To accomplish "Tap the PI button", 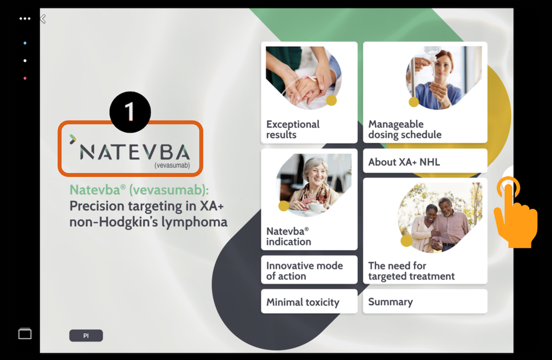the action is point(86,336).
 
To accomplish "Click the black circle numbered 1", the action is point(130,112).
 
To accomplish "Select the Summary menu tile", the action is point(425,302).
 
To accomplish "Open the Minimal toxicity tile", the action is point(309,302).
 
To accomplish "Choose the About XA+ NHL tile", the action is point(425,161).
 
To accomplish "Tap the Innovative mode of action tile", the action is point(309,270).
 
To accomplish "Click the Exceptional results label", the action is point(293,129).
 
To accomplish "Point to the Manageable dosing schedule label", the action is point(405,129).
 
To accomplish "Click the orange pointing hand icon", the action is point(516,213).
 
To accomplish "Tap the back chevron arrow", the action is point(43,19).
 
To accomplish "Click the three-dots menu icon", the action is point(25,19).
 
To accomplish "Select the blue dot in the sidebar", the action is point(25,43).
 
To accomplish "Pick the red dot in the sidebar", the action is point(25,78).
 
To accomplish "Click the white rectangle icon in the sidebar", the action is point(25,334).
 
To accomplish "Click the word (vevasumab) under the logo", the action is point(172,165).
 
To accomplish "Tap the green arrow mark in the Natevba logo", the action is point(73,139).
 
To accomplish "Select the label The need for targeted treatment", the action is point(411,271).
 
